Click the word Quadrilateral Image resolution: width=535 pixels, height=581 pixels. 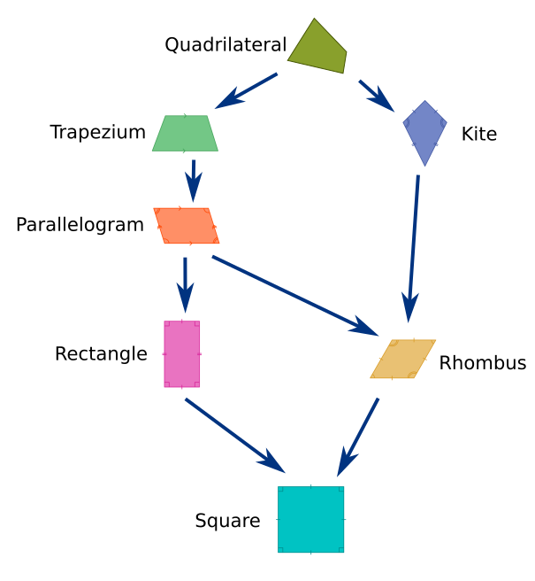[x=225, y=44]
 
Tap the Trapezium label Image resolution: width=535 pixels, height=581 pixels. [x=97, y=133]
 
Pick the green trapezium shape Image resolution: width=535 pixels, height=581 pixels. [x=185, y=134]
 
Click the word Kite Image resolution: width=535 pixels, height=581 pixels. [x=478, y=135]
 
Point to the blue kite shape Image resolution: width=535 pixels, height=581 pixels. [x=425, y=131]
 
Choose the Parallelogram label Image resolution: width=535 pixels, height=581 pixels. [x=80, y=225]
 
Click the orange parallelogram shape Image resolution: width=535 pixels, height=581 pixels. [x=186, y=226]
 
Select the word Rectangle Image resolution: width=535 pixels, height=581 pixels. [x=101, y=354]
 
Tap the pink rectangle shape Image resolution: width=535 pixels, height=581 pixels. [x=182, y=354]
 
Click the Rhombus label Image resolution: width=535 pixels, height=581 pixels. [x=482, y=363]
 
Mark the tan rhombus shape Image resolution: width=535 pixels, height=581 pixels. [x=403, y=359]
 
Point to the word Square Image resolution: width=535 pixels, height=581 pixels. [x=227, y=521]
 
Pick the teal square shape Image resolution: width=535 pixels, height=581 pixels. [x=310, y=519]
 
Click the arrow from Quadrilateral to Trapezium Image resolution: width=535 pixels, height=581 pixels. [x=248, y=89]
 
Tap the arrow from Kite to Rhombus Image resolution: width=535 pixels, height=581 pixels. [x=413, y=248]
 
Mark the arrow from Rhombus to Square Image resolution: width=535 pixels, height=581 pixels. [x=359, y=437]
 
